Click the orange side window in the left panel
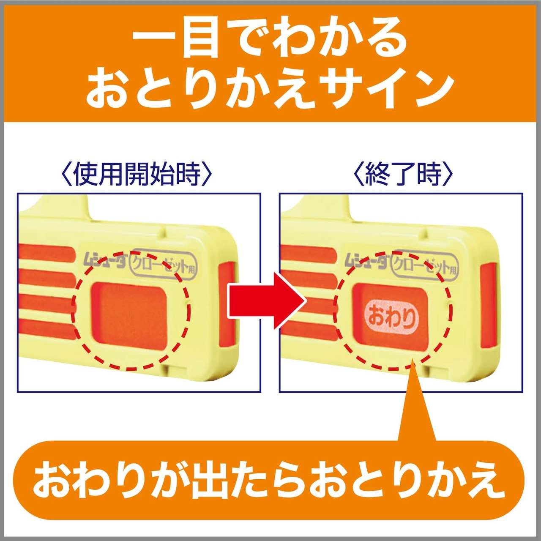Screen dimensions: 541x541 point(227,309)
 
